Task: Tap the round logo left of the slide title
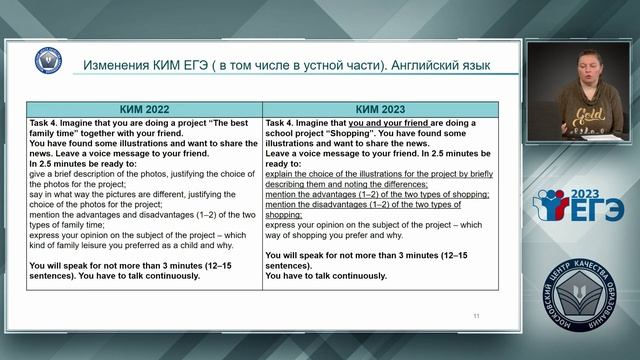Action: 48,61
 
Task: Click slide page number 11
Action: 475,315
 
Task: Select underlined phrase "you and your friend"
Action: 389,124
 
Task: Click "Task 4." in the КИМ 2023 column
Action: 284,124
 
